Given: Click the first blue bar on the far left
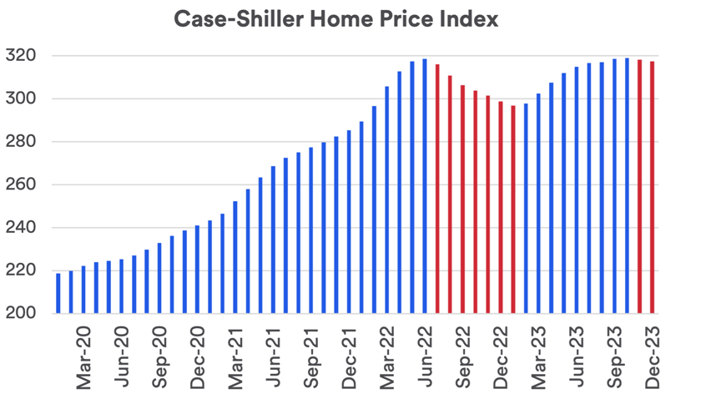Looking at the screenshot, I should (58, 293).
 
